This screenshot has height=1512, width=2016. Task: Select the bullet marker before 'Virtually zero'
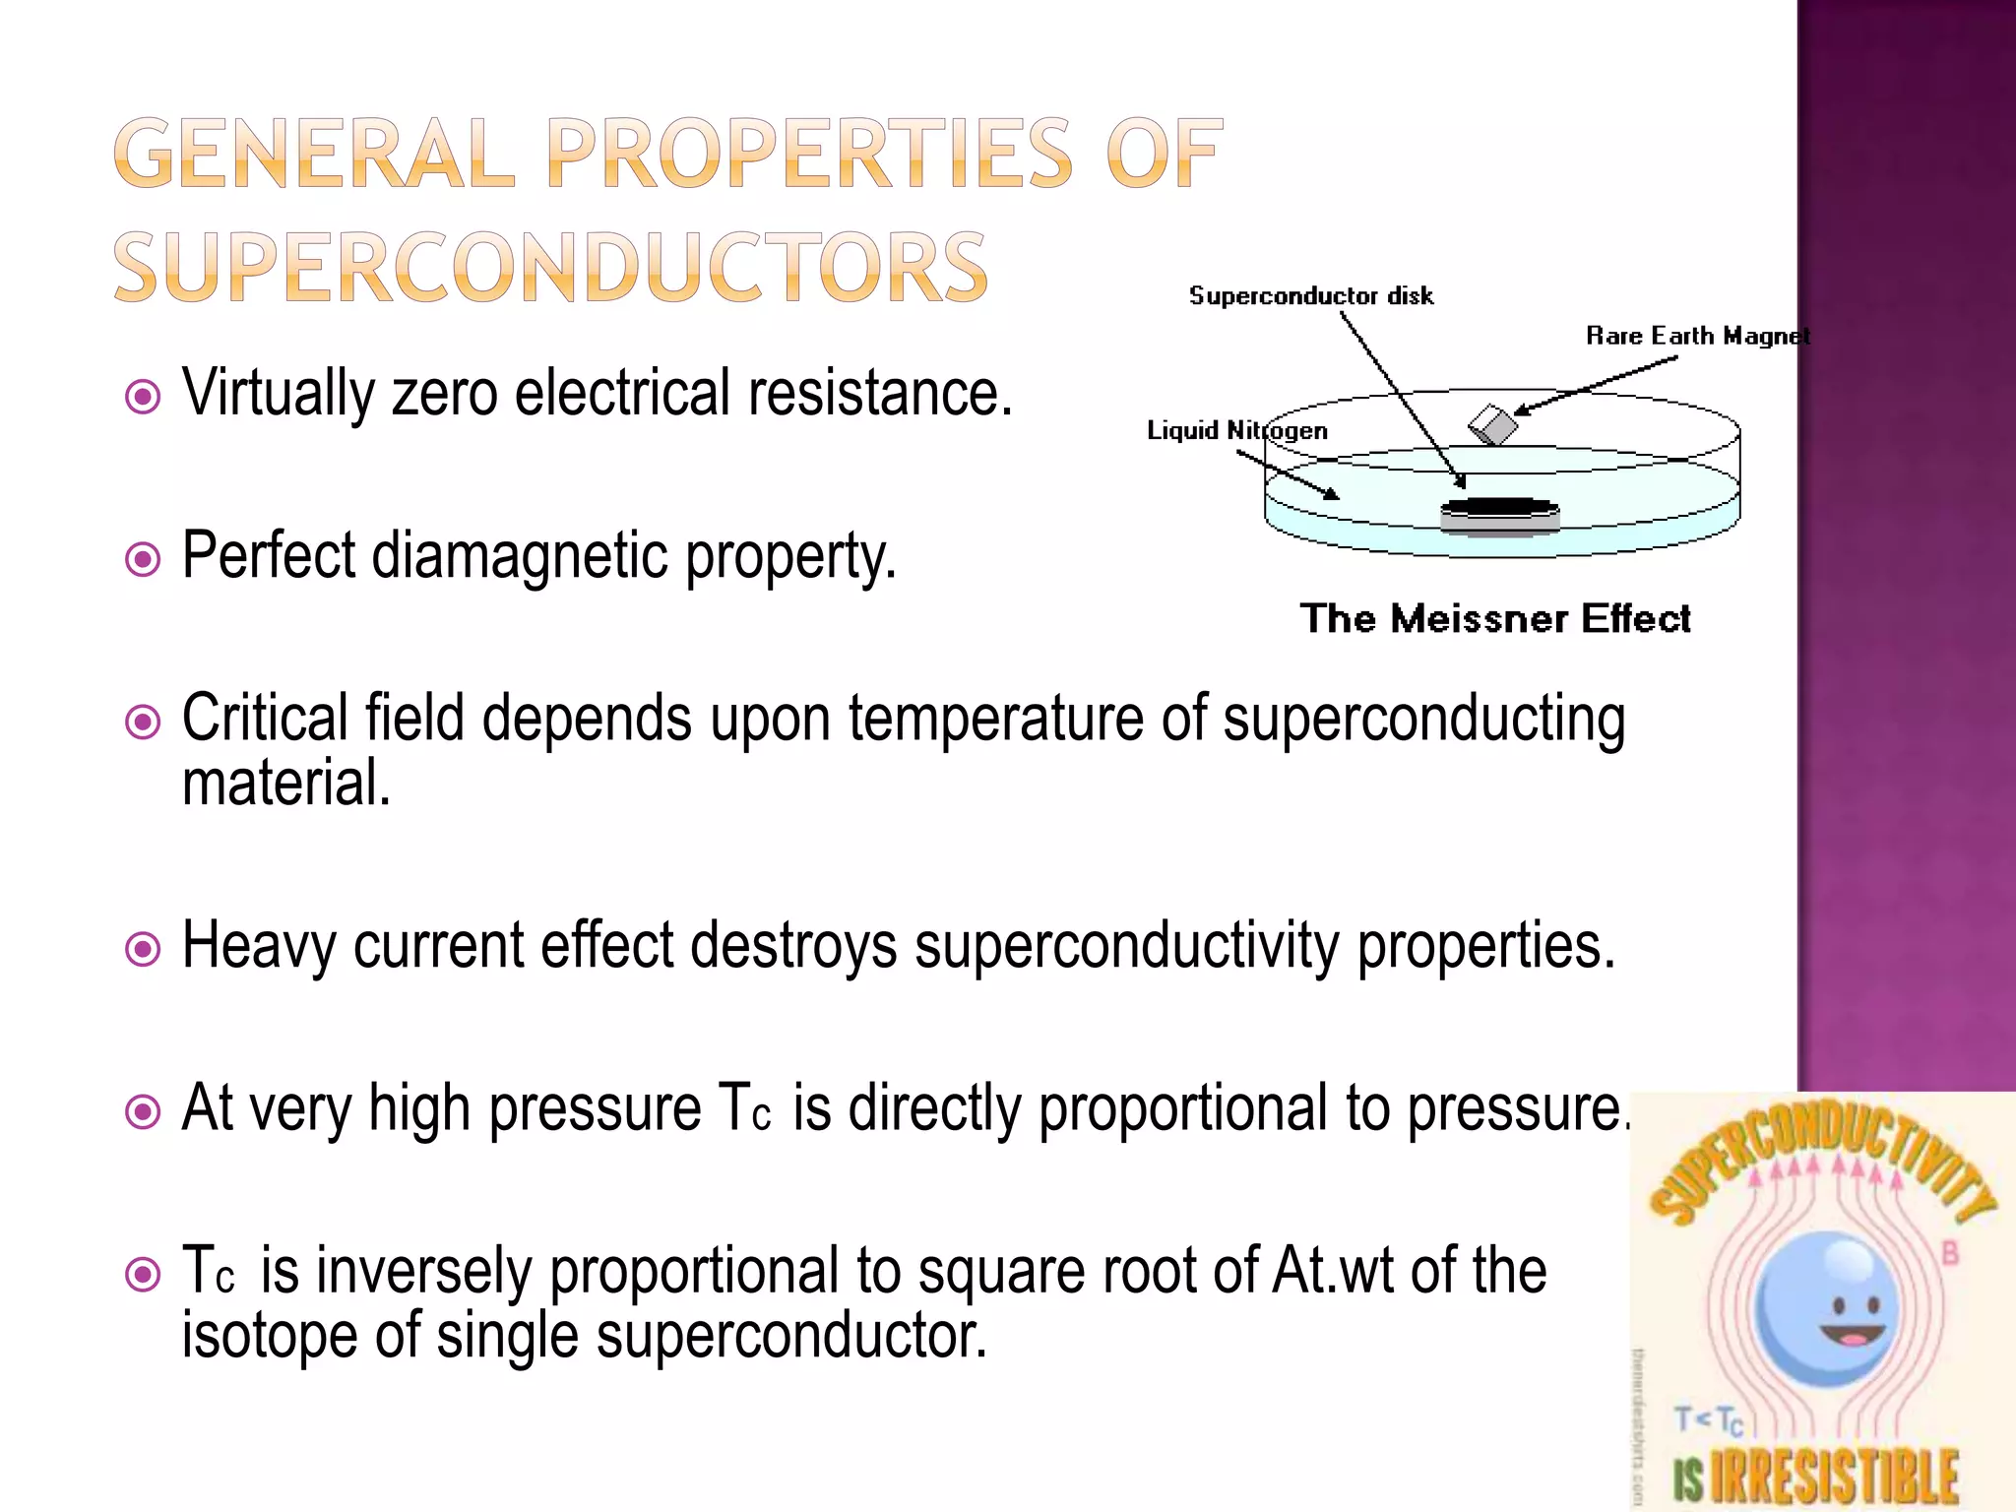tap(144, 398)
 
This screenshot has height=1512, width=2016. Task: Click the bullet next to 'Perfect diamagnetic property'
tap(144, 560)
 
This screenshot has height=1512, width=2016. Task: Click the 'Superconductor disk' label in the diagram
tap(1310, 296)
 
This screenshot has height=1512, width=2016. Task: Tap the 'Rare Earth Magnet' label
tap(1697, 337)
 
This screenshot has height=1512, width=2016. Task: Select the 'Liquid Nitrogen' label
tap(1236, 431)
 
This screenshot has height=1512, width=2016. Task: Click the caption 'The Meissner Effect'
tap(1494, 619)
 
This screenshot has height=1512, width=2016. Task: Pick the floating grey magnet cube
tap(1492, 424)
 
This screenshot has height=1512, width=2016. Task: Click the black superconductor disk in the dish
tap(1499, 507)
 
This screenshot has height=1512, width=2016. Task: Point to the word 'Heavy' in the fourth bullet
tap(258, 947)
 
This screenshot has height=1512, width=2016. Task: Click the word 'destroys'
tap(793, 947)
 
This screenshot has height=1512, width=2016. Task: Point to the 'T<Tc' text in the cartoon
tap(1709, 1420)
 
